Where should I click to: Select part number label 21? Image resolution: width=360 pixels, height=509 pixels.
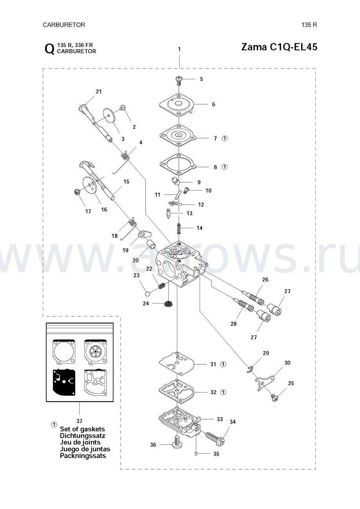click(98, 92)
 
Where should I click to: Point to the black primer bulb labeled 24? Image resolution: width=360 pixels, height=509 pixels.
click(169, 304)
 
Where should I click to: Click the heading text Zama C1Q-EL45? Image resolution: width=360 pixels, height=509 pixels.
click(279, 47)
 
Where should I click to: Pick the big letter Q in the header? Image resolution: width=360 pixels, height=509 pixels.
click(49, 49)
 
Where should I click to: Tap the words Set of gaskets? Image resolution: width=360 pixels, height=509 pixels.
click(82, 429)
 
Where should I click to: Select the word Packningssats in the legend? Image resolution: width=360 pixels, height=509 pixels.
click(83, 456)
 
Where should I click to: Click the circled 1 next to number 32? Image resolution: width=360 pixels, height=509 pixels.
click(223, 392)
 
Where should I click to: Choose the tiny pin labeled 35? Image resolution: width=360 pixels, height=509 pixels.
click(195, 454)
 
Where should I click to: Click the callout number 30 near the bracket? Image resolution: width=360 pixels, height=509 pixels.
click(287, 363)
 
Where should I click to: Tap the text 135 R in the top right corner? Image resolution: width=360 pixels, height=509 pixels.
click(309, 25)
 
